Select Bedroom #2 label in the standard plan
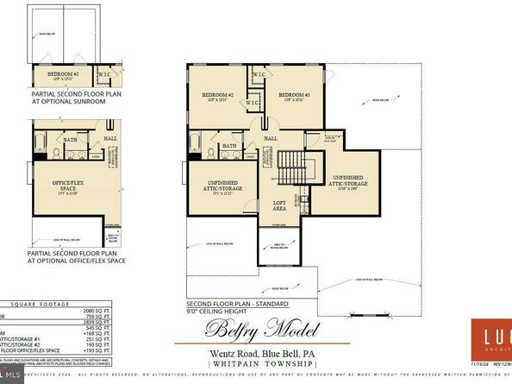[217, 94]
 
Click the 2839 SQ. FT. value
[104, 332]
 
